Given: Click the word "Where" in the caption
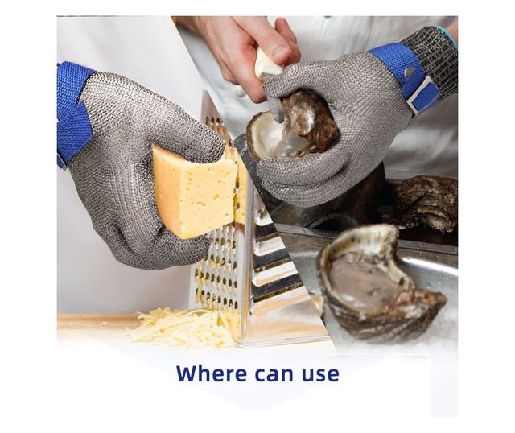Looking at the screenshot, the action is (x=211, y=373).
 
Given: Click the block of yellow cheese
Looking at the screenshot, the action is (x=200, y=192).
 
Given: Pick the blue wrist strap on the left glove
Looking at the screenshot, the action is (x=73, y=113).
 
